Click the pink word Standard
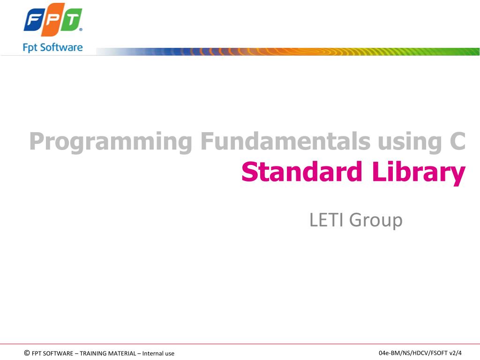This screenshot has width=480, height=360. tap(302, 172)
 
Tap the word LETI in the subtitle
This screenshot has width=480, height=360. tap(326, 220)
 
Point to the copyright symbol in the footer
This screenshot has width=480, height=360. tap(27, 353)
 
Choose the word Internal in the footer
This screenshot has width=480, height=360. tap(153, 353)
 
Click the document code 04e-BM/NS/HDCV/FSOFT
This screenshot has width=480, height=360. tap(413, 353)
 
